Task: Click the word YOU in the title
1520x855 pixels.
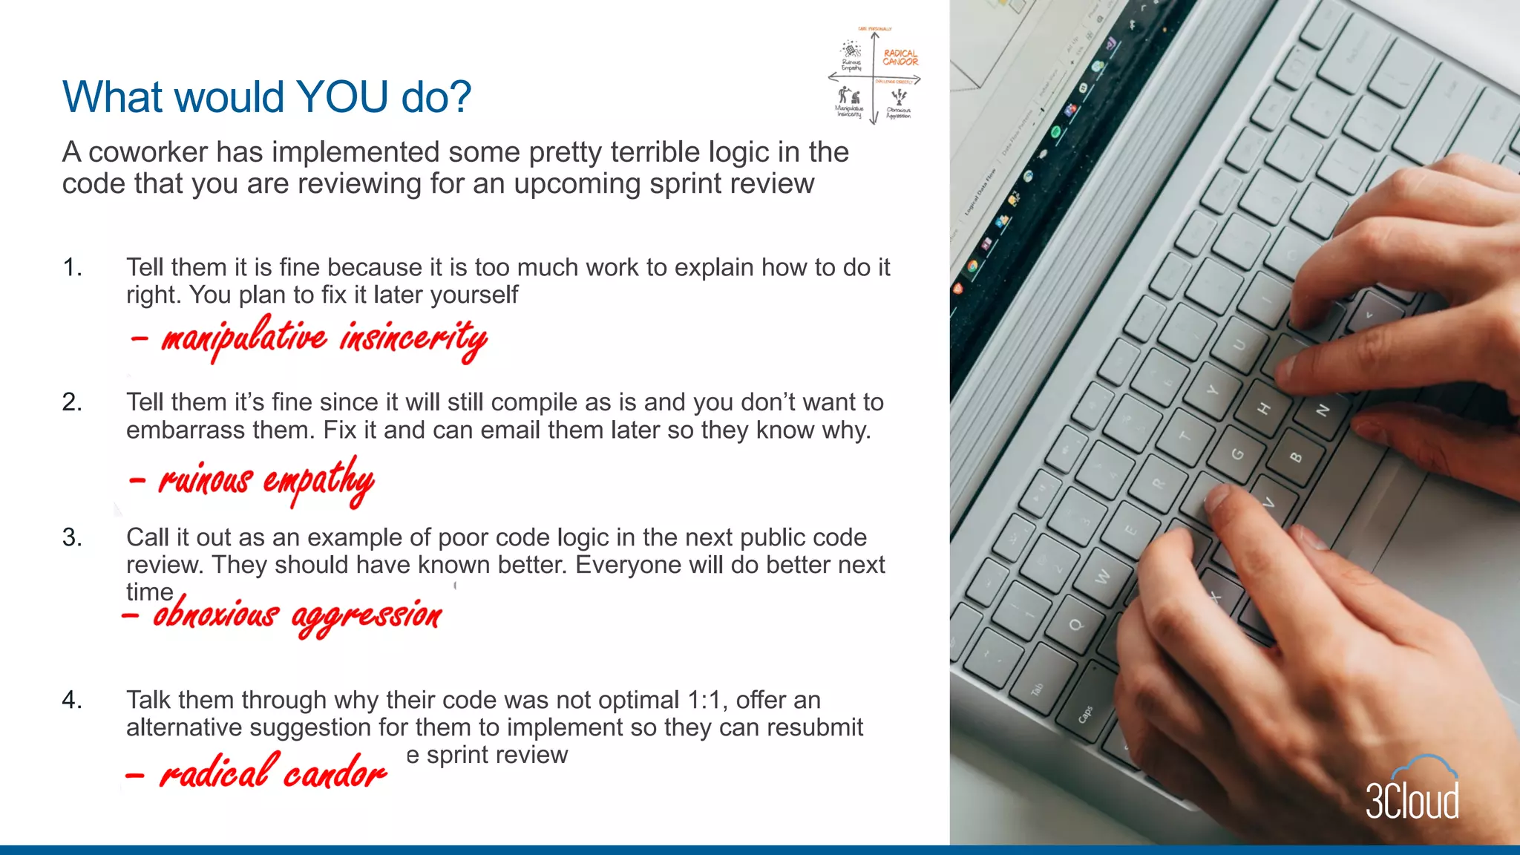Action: pyautogui.click(x=343, y=97)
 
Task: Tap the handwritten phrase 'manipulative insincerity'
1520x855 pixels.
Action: pyautogui.click(x=324, y=338)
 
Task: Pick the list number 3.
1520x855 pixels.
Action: pyautogui.click(x=72, y=537)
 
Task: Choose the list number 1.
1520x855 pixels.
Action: pyautogui.click(x=72, y=267)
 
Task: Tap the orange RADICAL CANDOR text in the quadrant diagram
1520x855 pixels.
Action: pyautogui.click(x=900, y=58)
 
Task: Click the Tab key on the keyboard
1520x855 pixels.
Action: pyautogui.click(x=1038, y=689)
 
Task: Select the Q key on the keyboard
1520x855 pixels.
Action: pyautogui.click(x=1075, y=624)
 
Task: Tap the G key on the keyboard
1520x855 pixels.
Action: pyautogui.click(x=1238, y=454)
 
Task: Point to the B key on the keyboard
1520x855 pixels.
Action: pyautogui.click(x=1296, y=457)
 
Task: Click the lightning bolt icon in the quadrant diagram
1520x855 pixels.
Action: pyautogui.click(x=900, y=96)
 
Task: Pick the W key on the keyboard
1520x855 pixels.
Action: pyautogui.click(x=1104, y=575)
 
